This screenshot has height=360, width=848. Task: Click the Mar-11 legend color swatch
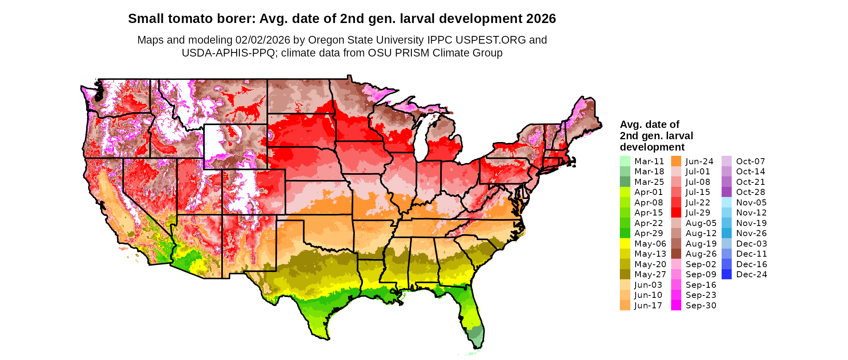coord(625,161)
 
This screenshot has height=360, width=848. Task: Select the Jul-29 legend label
coord(698,213)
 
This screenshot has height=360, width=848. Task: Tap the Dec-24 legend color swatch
coord(726,274)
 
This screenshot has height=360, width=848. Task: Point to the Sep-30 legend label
coord(701,306)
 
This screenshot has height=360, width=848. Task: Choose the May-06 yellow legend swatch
coord(625,243)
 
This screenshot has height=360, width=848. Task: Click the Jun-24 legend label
coord(699,161)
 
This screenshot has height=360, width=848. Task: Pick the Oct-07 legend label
coord(750,161)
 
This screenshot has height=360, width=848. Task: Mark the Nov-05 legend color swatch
coord(726,202)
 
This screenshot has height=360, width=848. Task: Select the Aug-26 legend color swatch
coord(676,254)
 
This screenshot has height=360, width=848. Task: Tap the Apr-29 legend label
coord(649,233)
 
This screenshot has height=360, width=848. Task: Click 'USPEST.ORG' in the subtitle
coord(491,40)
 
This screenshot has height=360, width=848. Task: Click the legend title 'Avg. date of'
coord(649,124)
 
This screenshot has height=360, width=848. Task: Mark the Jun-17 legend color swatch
coord(625,305)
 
